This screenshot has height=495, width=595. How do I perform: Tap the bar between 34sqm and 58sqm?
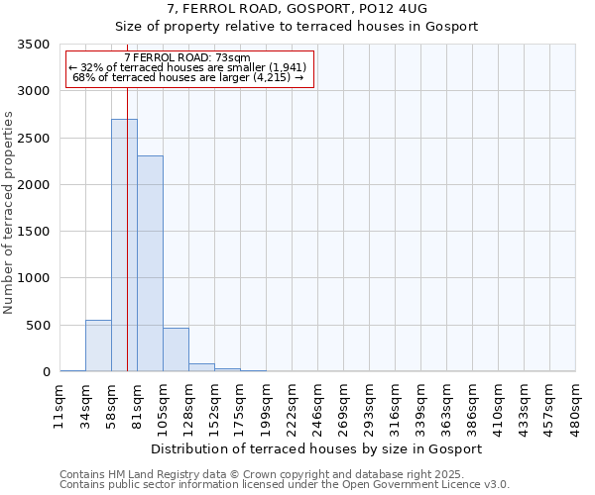click(x=98, y=346)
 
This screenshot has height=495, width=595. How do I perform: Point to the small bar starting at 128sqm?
click(x=201, y=367)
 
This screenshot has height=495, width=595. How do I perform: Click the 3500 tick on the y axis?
click(x=34, y=45)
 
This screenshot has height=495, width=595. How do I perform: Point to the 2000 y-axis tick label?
click(x=34, y=185)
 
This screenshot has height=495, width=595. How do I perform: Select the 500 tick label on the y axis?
click(x=38, y=326)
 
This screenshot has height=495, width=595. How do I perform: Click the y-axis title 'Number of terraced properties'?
click(x=9, y=213)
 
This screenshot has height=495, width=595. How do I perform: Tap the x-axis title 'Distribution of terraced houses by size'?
click(x=317, y=448)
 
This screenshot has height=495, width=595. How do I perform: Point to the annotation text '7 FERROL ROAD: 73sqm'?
click(x=188, y=58)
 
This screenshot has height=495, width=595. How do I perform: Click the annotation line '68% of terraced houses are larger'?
click(x=188, y=77)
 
